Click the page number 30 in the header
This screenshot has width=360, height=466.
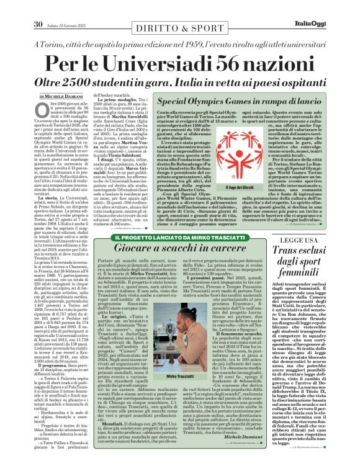point(38,7)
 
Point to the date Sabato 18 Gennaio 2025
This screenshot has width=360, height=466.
point(69,7)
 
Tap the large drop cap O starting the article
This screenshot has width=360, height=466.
point(44,115)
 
